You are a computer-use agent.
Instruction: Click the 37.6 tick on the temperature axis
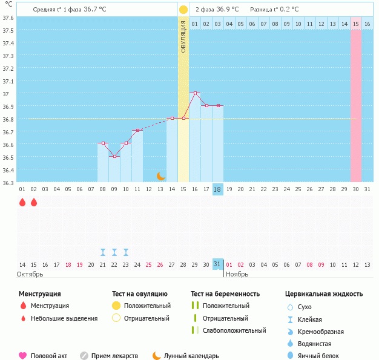[x=8, y=17]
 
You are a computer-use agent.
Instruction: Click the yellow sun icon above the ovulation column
[x=183, y=10]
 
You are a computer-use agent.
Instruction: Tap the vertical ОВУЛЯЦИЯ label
[x=183, y=36]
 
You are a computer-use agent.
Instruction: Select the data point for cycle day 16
[x=195, y=93]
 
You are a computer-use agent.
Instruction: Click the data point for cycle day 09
[x=114, y=156]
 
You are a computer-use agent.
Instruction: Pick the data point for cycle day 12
[x=137, y=130]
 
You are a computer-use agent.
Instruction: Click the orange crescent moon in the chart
[x=161, y=176]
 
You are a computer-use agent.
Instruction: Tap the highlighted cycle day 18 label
[x=217, y=189]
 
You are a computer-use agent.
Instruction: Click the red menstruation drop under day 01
[x=22, y=202]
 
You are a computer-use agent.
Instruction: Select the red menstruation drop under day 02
[x=34, y=202]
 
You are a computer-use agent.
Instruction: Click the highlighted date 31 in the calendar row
[x=217, y=264]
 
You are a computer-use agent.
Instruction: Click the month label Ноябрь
[x=237, y=274]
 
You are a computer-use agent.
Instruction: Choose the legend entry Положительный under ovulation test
[x=147, y=306]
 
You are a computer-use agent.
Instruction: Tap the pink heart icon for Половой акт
[x=22, y=356]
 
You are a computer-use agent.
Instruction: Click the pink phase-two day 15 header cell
[x=356, y=24]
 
